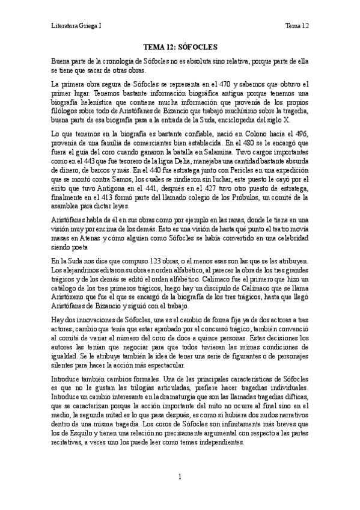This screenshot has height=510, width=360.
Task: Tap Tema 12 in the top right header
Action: (296, 26)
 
